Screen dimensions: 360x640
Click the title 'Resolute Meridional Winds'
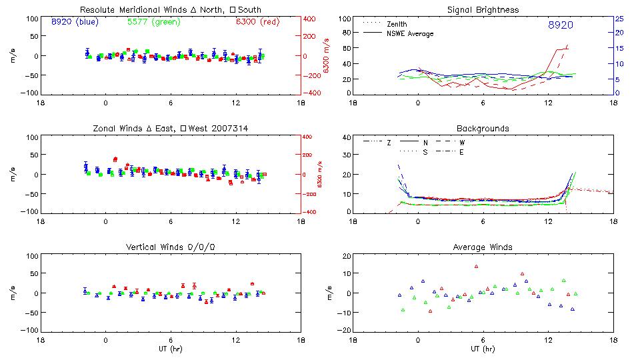[x=123, y=10]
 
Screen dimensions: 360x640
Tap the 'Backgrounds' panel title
[x=483, y=128]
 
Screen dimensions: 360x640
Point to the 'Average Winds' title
[x=483, y=247]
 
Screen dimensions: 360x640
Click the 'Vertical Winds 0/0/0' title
[x=171, y=247]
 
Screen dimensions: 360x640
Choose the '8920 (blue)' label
[x=74, y=21]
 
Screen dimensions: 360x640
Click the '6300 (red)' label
[x=257, y=21]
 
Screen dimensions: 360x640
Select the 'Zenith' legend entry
[x=397, y=24]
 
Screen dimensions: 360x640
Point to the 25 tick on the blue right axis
[x=619, y=19]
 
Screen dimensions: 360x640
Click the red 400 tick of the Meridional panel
[x=309, y=19]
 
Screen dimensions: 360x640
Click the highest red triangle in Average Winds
[x=477, y=267]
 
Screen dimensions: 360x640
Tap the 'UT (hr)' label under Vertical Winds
[x=171, y=349]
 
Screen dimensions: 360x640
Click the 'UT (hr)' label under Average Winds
[x=483, y=349]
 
